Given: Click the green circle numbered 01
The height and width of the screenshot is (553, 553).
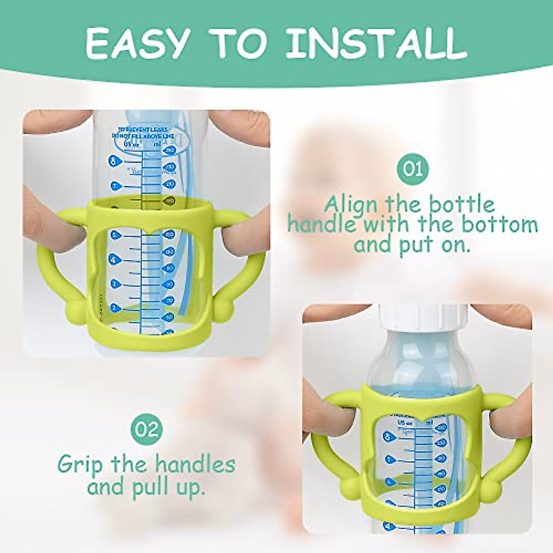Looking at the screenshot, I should click(412, 169).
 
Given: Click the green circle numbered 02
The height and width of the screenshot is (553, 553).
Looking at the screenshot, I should click(147, 429).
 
